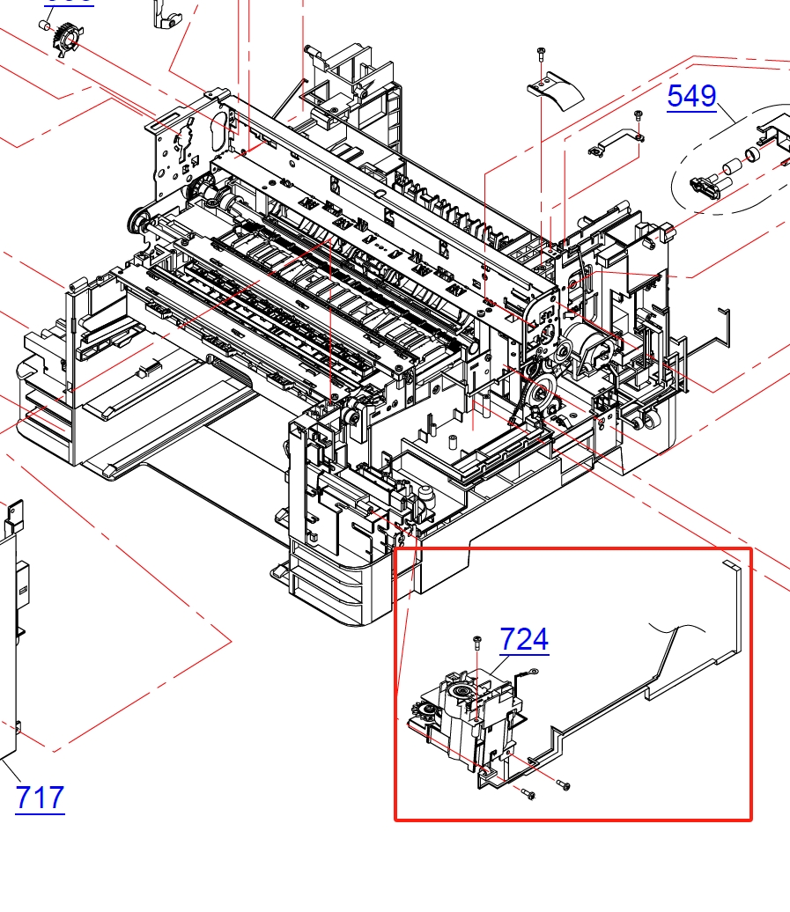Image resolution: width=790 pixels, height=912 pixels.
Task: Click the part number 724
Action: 524,639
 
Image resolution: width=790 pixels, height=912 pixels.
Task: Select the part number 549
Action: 691,95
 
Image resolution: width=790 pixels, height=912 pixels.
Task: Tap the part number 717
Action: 40,798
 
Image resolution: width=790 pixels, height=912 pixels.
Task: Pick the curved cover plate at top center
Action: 557,88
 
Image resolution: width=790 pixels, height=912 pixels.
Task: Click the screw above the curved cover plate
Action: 540,55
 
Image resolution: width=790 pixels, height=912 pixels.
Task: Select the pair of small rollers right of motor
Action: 647,421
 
